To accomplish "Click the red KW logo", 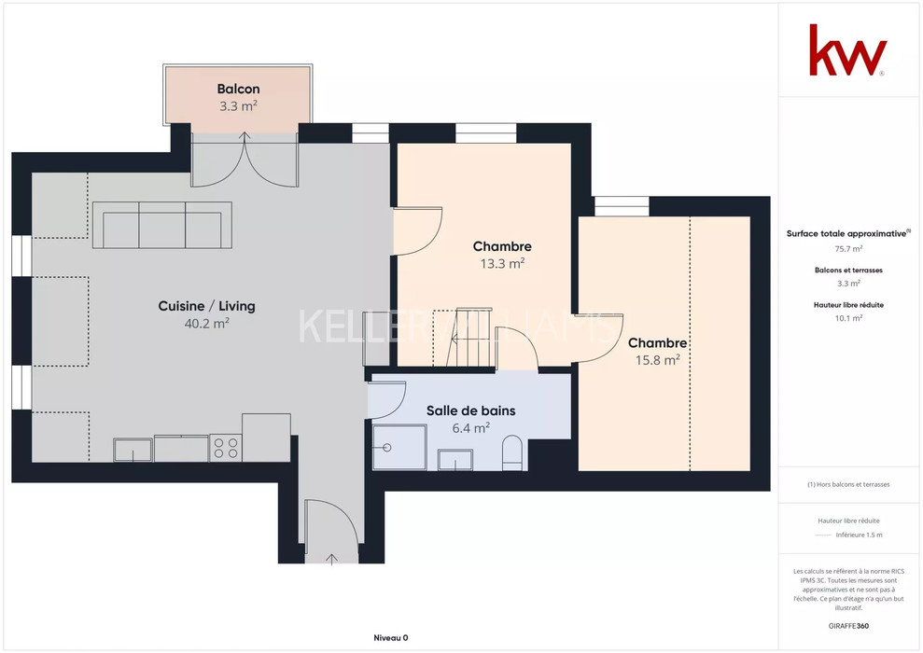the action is (x=847, y=50).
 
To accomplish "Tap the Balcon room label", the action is (x=238, y=89).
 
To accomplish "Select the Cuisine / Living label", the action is (x=206, y=306).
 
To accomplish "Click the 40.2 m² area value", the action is (x=206, y=323).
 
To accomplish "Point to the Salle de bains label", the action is (x=471, y=410).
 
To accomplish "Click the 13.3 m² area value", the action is (x=502, y=263).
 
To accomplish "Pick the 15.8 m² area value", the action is (x=658, y=359).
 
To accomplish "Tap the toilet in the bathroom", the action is (x=512, y=453).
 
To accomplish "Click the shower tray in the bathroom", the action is (x=399, y=447).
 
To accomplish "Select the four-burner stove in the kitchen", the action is (x=226, y=448).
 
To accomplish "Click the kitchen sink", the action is (x=133, y=450).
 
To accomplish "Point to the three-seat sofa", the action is (x=161, y=226).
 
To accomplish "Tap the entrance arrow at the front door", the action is (x=331, y=559).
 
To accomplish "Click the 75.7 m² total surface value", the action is (x=848, y=249).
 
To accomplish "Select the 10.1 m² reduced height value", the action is (x=848, y=318).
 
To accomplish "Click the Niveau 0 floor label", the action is (x=391, y=638).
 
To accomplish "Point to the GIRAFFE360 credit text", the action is (x=848, y=626).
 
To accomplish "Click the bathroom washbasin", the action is (x=455, y=460).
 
